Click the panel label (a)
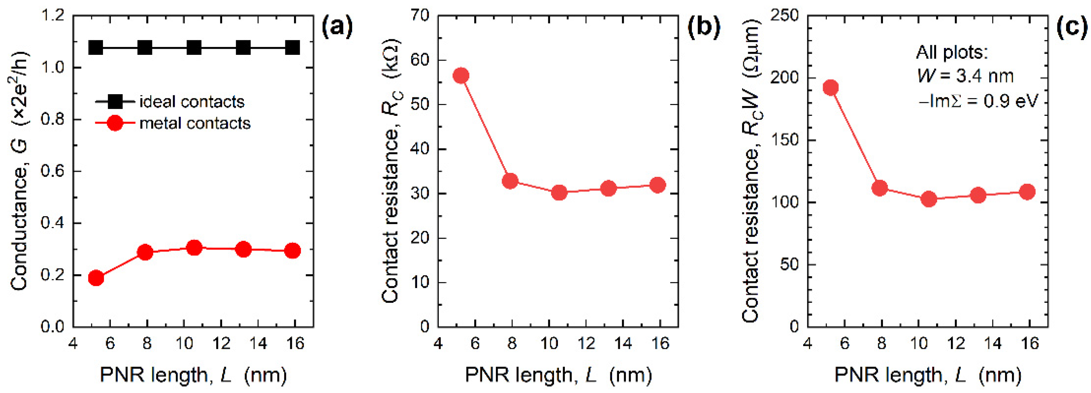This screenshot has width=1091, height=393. [x=337, y=27]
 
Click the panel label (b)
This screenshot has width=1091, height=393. [x=703, y=27]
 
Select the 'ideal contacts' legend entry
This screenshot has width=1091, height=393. [x=192, y=102]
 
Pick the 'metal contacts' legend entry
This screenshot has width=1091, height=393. [x=195, y=123]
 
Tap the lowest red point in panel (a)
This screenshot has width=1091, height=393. [x=96, y=278]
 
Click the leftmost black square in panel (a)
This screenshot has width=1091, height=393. [x=96, y=48]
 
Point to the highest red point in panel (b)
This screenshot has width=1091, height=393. [x=461, y=76]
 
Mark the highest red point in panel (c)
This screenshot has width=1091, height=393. [x=831, y=88]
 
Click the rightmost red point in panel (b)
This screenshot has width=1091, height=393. [x=657, y=185]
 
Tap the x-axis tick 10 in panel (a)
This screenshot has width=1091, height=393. [x=184, y=343]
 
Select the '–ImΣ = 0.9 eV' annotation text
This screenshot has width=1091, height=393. [x=979, y=101]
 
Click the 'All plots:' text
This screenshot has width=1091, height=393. [x=952, y=52]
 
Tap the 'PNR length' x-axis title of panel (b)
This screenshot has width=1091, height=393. [x=558, y=375]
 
